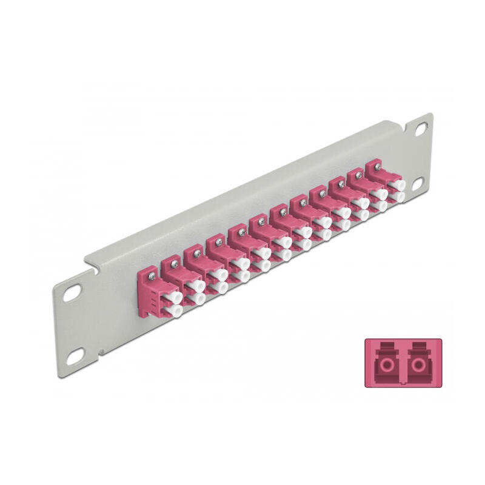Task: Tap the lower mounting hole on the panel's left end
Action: (73, 358)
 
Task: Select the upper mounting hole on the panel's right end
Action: (420, 129)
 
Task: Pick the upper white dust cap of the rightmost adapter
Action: (398, 183)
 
